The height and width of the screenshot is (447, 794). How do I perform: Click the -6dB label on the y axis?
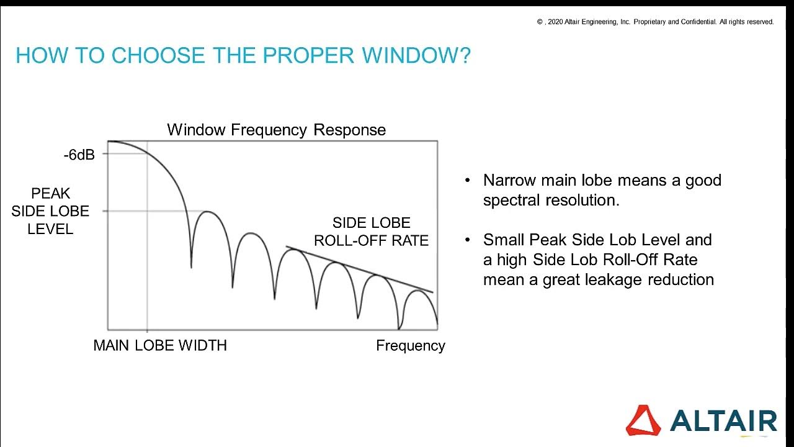[x=79, y=155]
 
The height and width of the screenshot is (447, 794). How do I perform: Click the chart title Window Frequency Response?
[x=276, y=130]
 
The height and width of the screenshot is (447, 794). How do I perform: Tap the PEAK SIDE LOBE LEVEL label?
[x=50, y=211]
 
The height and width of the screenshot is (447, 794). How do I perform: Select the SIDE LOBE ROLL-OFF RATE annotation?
[x=371, y=232]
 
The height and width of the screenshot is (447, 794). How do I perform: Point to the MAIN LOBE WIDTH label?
[x=160, y=346]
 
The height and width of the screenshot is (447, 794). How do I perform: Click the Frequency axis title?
[x=410, y=346]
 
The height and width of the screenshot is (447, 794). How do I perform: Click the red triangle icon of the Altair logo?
[x=643, y=420]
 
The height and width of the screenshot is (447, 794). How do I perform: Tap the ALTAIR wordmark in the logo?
[x=723, y=421]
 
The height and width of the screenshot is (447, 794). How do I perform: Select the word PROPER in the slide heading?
[x=308, y=56]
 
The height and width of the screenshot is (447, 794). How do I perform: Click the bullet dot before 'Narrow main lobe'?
[x=468, y=181]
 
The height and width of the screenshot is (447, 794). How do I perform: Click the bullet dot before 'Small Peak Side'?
[x=468, y=240]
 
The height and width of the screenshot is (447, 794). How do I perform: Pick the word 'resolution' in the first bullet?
[x=582, y=201]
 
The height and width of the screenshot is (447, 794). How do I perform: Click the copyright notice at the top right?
[x=655, y=22]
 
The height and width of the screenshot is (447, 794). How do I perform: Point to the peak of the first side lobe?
[x=208, y=212]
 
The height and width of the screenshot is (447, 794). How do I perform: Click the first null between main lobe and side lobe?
[x=191, y=266]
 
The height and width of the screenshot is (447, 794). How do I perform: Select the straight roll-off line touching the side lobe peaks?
[x=360, y=269]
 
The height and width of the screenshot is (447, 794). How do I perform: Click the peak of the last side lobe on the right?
[x=417, y=291]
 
